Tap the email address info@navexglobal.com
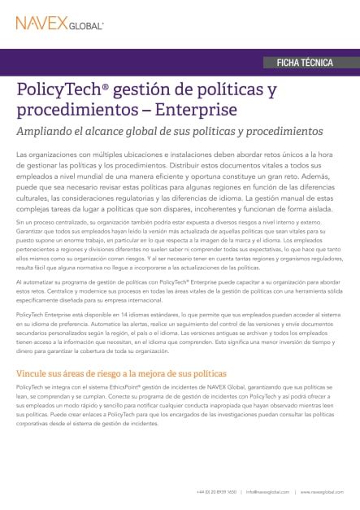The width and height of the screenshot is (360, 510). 267,491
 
